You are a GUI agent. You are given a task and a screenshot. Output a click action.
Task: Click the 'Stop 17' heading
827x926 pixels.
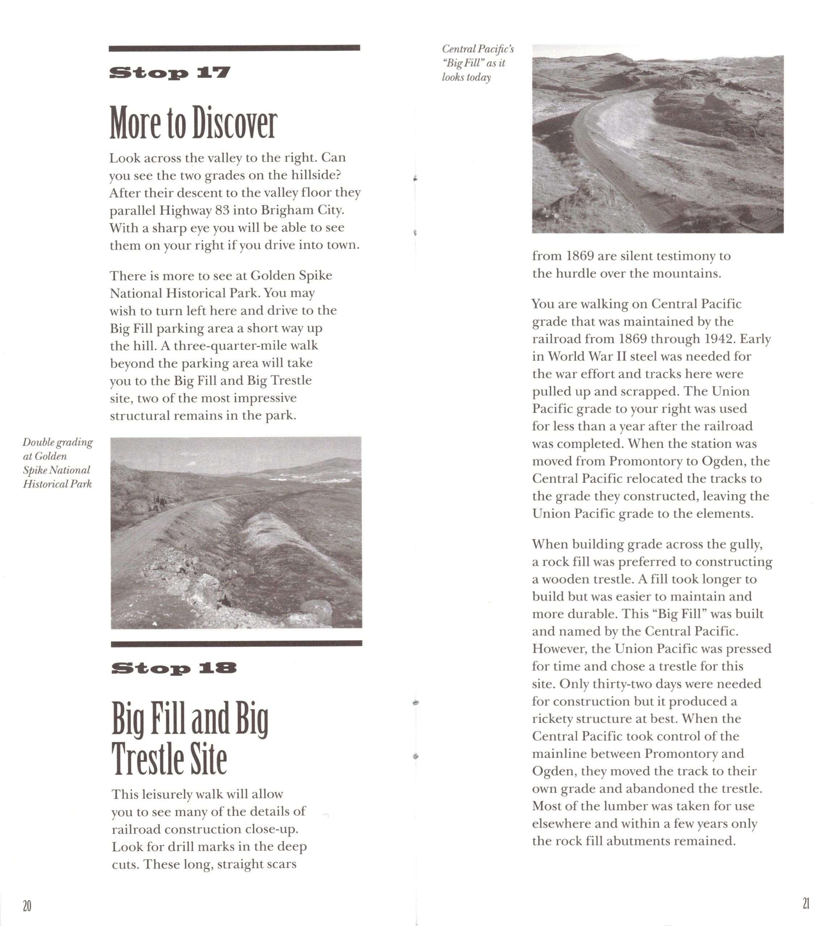pos(170,73)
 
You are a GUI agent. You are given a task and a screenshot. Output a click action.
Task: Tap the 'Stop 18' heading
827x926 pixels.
pos(174,668)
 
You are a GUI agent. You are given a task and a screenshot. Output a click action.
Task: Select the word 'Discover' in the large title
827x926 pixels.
pos(234,123)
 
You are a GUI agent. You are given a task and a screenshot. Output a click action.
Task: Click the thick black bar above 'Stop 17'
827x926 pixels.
pos(234,48)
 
